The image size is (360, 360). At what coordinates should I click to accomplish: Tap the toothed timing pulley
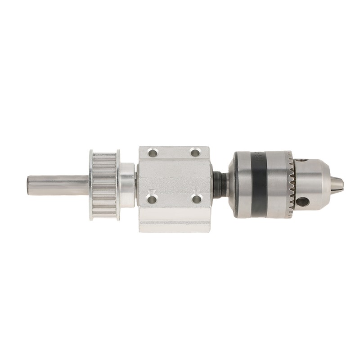pyautogui.click(x=105, y=185)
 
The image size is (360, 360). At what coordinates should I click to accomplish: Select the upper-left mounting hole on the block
pyautogui.click(x=153, y=153)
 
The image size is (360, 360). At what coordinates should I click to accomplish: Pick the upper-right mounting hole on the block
pyautogui.click(x=195, y=153)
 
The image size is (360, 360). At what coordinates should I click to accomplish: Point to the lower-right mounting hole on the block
pyautogui.click(x=197, y=198)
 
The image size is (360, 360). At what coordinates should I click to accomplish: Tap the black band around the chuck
pyautogui.click(x=259, y=184)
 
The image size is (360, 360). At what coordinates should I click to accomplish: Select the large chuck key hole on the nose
pyautogui.click(x=302, y=201)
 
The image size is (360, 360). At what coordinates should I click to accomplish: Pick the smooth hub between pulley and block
pyautogui.click(x=127, y=184)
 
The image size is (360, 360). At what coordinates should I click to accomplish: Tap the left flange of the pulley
pyautogui.click(x=91, y=185)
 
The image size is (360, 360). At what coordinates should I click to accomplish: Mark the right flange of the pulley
pyautogui.click(x=118, y=185)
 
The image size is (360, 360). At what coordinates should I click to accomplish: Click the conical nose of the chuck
pyautogui.click(x=315, y=180)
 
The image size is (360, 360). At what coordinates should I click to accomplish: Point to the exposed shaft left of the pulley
pyautogui.click(x=58, y=185)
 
